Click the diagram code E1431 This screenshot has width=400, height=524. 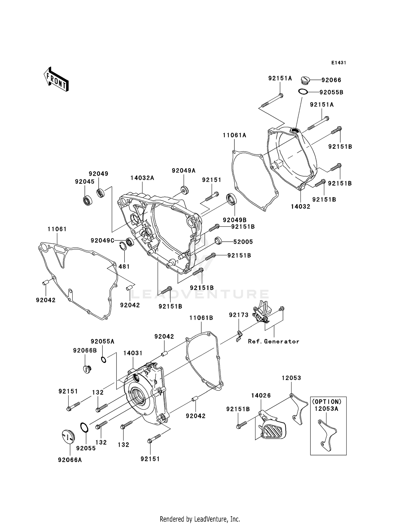tap(338, 63)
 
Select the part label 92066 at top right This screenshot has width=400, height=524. tap(331, 80)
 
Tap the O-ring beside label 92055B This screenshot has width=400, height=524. tap(303, 92)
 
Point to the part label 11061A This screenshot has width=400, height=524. tap(234, 135)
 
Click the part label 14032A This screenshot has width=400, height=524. tap(142, 178)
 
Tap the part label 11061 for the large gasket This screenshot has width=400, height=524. tap(57, 229)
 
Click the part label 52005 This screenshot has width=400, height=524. tap(243, 242)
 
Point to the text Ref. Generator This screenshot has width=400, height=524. tap(274, 341)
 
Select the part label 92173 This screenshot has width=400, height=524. tap(238, 315)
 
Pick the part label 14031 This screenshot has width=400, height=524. tap(133, 353)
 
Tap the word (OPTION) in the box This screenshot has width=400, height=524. tap(328, 402)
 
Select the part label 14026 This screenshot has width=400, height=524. tap(261, 396)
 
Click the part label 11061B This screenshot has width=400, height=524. tap(201, 318)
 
